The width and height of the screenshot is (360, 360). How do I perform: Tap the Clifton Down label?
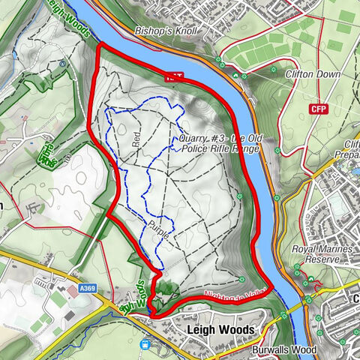313,74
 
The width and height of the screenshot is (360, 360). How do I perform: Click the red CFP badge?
319,109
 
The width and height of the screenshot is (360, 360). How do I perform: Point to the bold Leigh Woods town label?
220,330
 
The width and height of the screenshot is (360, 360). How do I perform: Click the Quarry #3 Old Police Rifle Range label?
218,143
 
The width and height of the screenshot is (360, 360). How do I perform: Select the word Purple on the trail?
160,229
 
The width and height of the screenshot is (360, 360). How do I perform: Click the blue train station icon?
144,344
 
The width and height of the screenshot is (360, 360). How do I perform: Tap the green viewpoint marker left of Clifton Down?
268,75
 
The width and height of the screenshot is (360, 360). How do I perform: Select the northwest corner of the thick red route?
100,47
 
